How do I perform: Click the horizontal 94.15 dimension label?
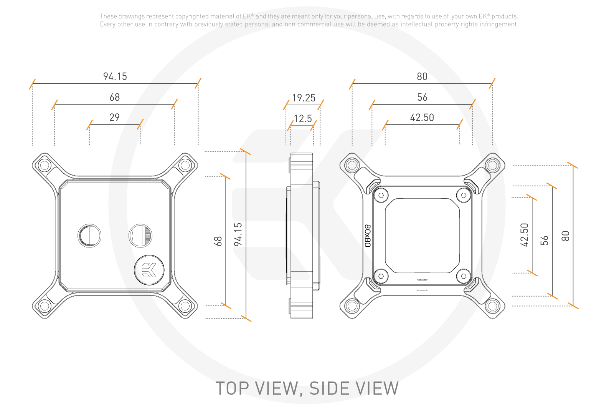click(115, 76)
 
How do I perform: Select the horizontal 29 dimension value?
click(114, 118)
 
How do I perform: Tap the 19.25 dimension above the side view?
click(304, 98)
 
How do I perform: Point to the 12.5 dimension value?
click(303, 119)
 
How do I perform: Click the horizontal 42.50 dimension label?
click(422, 118)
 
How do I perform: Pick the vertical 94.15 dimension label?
click(238, 234)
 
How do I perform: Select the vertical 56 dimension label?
click(544, 241)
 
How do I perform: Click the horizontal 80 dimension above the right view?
click(422, 76)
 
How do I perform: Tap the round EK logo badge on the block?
click(149, 270)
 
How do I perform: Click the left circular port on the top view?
click(89, 235)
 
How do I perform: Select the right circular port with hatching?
click(140, 235)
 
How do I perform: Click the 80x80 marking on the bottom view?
click(368, 236)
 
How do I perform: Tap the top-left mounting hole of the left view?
click(45, 166)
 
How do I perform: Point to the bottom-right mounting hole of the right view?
click(492, 306)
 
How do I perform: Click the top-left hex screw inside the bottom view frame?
click(381, 195)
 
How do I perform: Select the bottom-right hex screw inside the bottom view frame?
click(464, 276)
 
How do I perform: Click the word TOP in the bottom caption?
click(232, 388)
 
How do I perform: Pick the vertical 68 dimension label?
click(218, 241)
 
